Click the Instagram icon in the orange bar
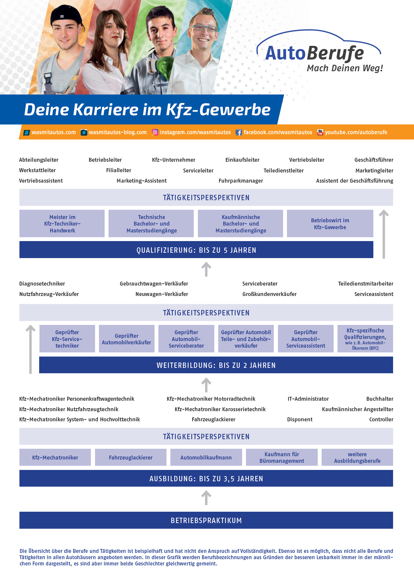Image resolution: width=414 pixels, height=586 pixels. [155, 132]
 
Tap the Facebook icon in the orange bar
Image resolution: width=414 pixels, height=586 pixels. [239, 132]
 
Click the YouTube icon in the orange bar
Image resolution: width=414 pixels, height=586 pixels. [320, 132]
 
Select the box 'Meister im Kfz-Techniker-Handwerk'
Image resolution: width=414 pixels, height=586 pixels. [62, 223]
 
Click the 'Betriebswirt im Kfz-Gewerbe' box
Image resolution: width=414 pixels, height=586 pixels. [330, 223]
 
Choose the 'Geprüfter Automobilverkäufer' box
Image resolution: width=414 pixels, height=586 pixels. [127, 339]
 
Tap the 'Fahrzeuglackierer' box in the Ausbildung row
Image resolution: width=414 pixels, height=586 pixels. [131, 457]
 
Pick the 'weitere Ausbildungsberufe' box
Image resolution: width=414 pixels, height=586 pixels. [357, 457]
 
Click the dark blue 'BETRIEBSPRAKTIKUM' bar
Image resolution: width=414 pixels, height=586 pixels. [206, 520]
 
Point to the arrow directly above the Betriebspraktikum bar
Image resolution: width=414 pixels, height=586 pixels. [206, 498]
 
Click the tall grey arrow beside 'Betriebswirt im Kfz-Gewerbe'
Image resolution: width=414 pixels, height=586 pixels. [384, 234]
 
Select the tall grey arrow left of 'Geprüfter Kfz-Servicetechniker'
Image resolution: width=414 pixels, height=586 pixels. [30, 349]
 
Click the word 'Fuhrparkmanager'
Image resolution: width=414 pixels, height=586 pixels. [241, 181]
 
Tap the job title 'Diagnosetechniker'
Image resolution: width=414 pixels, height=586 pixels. [42, 284]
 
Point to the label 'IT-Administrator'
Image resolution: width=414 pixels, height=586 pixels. [308, 399]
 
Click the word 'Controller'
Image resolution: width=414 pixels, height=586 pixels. [381, 420]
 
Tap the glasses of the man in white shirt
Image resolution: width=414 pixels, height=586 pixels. [204, 28]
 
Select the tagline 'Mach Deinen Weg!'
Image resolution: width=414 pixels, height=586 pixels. [345, 68]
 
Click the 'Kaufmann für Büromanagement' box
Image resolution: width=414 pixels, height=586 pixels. [282, 457]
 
